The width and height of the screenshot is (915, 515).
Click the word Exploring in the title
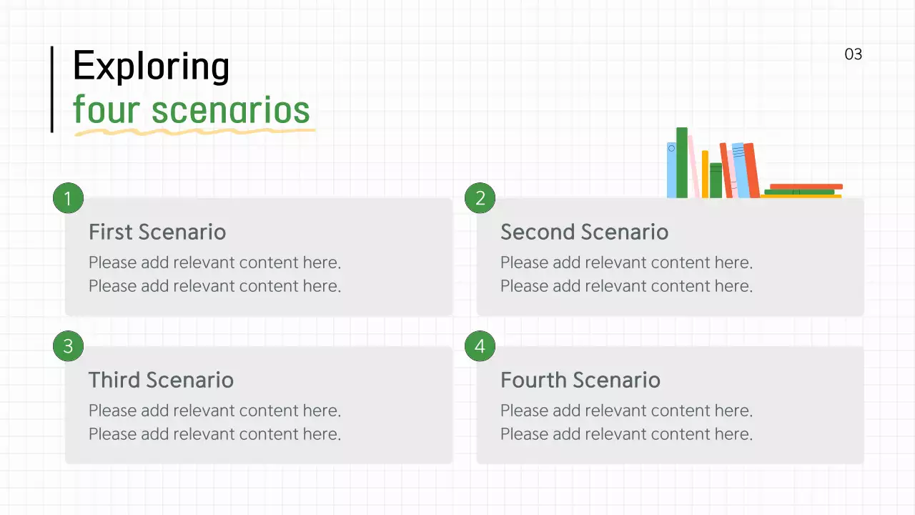pos(151,67)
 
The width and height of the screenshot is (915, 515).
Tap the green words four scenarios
pos(192,110)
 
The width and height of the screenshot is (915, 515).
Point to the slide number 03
pos(854,54)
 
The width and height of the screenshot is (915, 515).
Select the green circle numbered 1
pos(68,198)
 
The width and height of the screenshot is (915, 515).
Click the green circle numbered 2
pos(480,198)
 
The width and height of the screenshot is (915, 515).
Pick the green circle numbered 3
pos(68,346)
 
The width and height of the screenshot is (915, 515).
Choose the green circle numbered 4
pos(480,346)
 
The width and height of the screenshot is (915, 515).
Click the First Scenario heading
pos(157,232)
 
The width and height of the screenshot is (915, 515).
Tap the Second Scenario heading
pos(584,232)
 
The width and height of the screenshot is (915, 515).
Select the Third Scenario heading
pos(161,380)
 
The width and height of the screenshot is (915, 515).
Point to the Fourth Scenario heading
pos(580,380)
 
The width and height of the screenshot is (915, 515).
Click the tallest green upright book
pos(682,162)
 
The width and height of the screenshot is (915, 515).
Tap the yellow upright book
pos(705,174)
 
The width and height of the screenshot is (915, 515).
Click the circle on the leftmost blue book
pos(671,149)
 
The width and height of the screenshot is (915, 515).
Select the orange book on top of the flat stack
pos(806,186)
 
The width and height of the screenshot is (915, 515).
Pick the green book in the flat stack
pos(799,192)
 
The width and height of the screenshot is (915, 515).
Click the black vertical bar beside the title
pos(51,89)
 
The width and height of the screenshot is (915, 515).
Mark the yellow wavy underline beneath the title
pos(193,132)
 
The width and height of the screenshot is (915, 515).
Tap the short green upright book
pos(716,180)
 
